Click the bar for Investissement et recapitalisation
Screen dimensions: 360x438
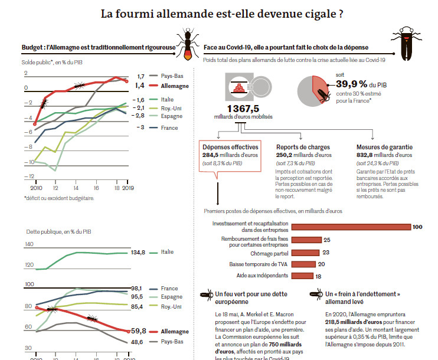[352, 227]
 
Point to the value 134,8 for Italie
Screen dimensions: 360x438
[138, 253]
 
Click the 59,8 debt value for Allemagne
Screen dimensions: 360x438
[138, 331]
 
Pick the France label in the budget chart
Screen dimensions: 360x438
[169, 127]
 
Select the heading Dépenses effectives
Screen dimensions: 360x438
[230, 147]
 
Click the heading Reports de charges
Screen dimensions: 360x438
[303, 147]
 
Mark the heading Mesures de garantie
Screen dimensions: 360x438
[384, 147]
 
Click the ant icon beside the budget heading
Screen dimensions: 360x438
[187, 47]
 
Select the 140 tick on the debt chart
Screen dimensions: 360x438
[29, 244]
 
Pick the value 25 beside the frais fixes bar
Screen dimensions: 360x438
[326, 240]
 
